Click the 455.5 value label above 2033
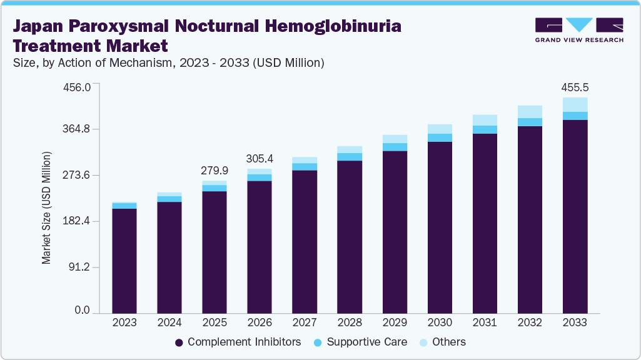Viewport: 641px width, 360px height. click(x=575, y=88)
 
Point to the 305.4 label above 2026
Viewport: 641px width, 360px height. click(x=260, y=159)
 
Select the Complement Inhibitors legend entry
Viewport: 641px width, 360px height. click(x=238, y=342)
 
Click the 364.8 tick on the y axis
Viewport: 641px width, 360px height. click(x=78, y=129)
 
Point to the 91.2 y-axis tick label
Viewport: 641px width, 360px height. click(x=80, y=267)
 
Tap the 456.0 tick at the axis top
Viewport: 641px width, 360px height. click(x=78, y=86)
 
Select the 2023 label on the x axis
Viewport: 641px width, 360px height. click(x=124, y=322)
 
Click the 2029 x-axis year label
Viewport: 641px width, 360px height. click(x=395, y=322)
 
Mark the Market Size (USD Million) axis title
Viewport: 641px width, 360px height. click(x=46, y=207)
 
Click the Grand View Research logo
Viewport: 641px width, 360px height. click(x=578, y=30)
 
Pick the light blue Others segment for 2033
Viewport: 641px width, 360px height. click(x=575, y=104)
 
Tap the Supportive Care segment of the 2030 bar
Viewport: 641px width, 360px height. click(x=440, y=137)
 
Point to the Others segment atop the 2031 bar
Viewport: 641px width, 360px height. click(x=485, y=120)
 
